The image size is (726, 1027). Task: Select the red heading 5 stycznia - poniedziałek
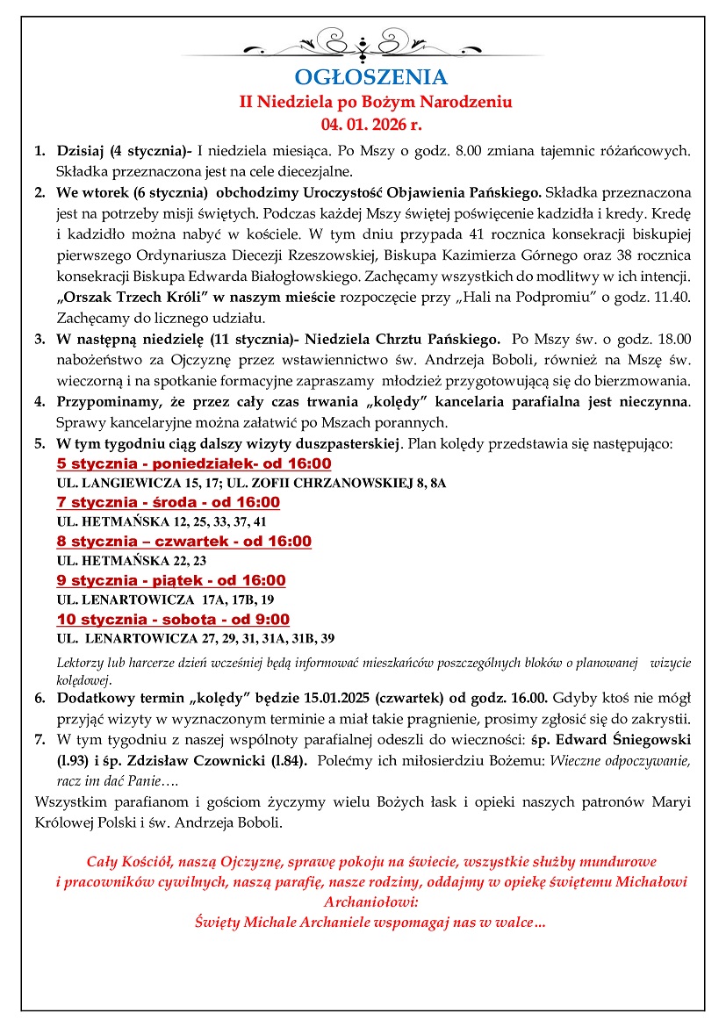point(193,463)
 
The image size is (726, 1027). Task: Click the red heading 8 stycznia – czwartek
point(183,541)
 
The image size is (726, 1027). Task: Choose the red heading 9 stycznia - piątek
point(170,580)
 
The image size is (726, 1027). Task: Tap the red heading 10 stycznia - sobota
point(173,619)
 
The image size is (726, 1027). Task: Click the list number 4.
point(40,403)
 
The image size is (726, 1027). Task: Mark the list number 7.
point(40,739)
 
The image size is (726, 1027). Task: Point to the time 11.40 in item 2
point(672,298)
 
